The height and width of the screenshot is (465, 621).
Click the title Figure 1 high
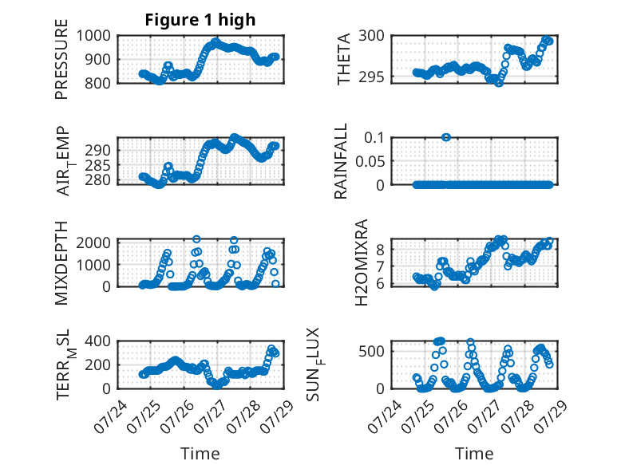200,20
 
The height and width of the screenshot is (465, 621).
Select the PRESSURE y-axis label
61,59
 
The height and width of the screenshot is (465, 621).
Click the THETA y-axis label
343,59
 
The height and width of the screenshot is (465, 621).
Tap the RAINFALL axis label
341,161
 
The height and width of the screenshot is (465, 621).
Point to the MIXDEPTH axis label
61,263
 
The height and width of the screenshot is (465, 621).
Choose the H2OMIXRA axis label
362,262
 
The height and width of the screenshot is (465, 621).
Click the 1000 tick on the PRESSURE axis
93,36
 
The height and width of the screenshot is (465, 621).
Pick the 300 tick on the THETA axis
371,36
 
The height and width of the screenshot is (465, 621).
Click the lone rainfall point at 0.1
446,137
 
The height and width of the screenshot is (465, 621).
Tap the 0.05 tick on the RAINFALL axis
370,161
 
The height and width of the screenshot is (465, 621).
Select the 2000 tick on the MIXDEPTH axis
93,242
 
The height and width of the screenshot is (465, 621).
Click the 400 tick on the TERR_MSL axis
98,341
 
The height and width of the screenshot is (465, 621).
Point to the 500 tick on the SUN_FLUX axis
371,351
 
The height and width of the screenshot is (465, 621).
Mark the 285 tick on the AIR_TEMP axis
98,165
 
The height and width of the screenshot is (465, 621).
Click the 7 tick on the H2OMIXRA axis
381,267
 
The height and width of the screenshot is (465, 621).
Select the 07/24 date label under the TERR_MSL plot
110,417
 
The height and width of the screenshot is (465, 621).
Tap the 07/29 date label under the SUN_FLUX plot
551,417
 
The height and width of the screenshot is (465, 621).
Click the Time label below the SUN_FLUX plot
474,453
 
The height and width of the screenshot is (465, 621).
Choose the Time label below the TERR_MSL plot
200,453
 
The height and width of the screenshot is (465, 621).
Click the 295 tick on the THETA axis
371,77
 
